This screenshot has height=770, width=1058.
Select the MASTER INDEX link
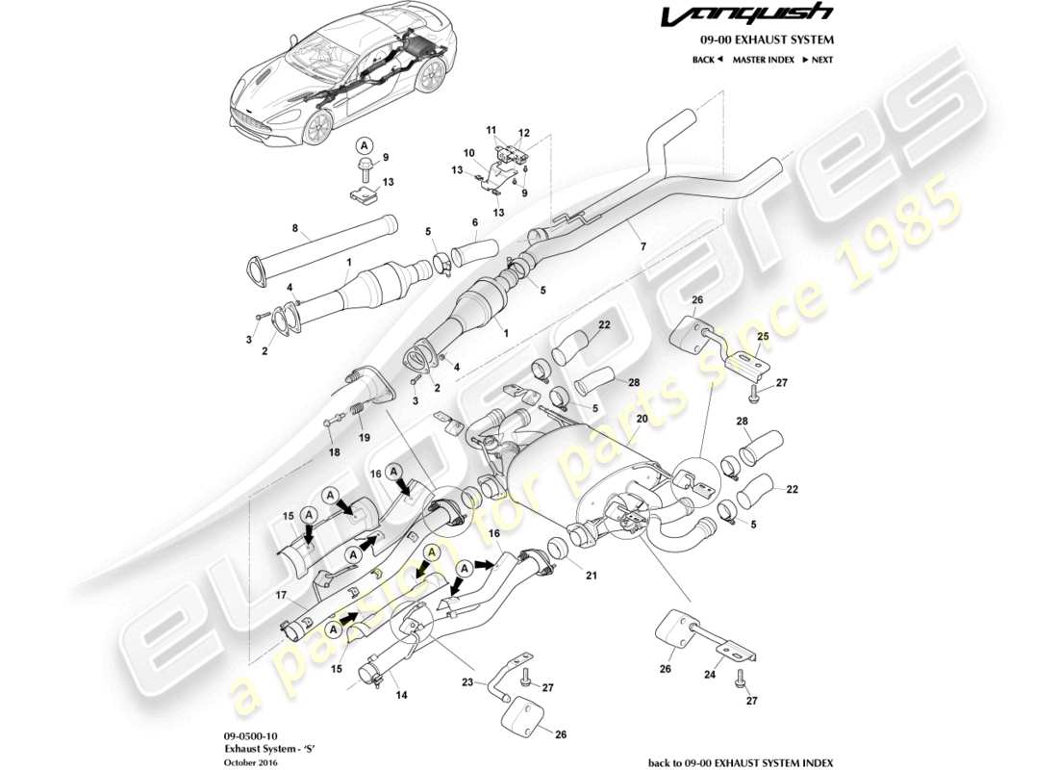coord(763,60)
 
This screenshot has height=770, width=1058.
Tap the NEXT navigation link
coord(817,60)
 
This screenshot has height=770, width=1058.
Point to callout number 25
coord(762,337)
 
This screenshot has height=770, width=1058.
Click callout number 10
coord(468,153)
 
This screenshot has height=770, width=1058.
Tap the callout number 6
coord(475,222)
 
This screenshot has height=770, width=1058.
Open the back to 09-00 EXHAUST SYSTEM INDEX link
coord(741,761)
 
